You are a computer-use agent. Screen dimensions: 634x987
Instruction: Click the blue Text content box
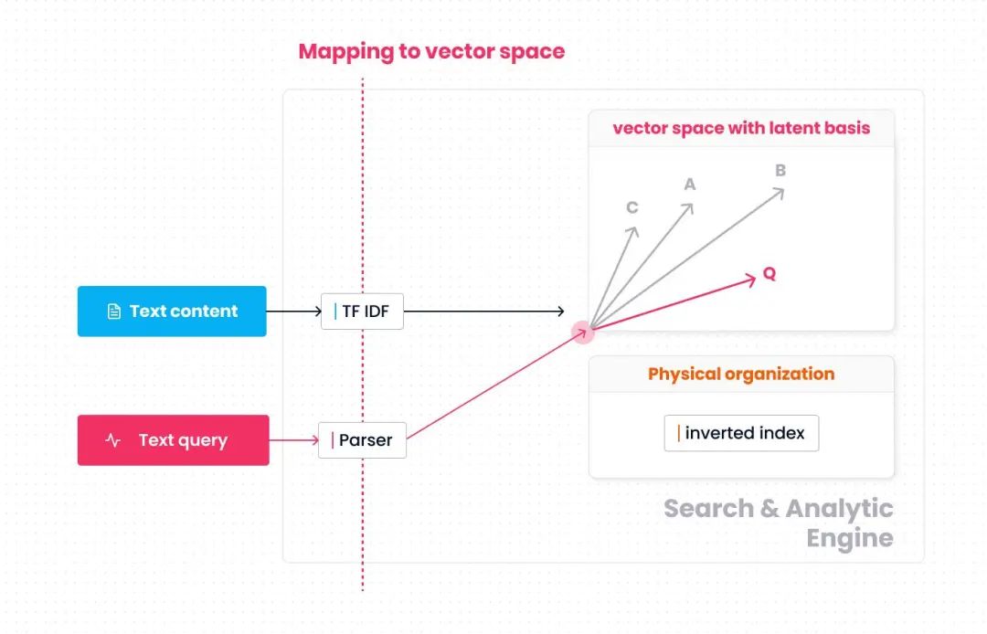pos(172,312)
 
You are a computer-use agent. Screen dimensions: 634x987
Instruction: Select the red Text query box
pos(173,440)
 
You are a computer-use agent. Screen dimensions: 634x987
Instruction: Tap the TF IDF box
pos(362,312)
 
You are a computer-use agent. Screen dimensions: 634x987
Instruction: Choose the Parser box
pos(362,440)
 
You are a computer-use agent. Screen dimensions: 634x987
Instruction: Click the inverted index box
pos(741,433)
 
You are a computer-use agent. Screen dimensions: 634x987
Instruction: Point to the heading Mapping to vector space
pos(431,51)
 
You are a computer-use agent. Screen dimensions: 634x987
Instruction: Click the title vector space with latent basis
pos(741,128)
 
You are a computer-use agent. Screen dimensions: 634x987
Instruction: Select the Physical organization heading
pos(741,374)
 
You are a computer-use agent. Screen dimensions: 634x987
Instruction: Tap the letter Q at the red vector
pos(769,274)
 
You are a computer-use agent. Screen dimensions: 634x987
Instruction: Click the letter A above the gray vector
pos(690,185)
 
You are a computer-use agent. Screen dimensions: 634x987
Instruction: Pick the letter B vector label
pos(780,170)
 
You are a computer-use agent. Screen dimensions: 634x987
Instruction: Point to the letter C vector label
pos(631,207)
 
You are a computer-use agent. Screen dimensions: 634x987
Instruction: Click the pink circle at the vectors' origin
pos(583,331)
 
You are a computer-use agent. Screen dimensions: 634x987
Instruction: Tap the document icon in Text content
pos(114,312)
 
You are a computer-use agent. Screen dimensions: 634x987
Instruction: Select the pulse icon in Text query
pos(113,440)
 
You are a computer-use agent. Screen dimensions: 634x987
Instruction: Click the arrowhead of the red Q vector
pos(751,279)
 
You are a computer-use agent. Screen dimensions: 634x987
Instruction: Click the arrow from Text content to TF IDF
pos(293,312)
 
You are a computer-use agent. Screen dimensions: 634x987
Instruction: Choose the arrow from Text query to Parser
pos(293,440)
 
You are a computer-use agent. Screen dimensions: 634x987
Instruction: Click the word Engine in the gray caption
pos(849,538)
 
